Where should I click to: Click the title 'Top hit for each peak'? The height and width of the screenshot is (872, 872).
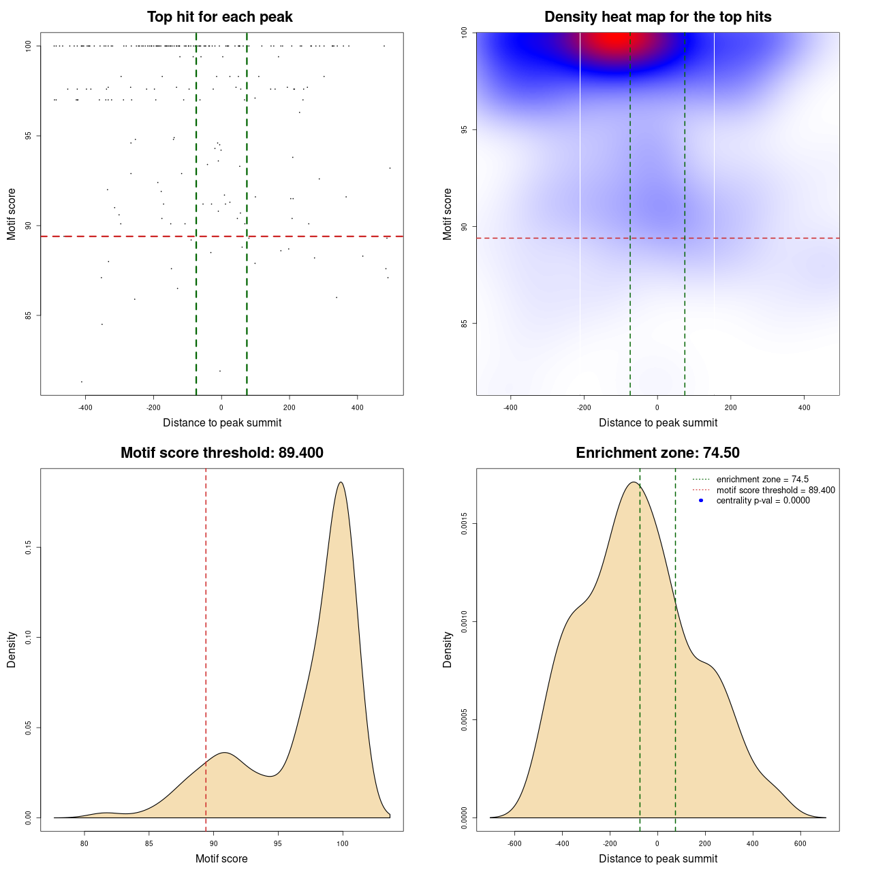(x=219, y=17)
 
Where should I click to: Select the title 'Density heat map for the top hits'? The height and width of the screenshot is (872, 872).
(x=657, y=17)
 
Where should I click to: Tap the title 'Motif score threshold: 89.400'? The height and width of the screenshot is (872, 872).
(x=221, y=453)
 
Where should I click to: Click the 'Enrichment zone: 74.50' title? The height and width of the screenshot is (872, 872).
(x=657, y=453)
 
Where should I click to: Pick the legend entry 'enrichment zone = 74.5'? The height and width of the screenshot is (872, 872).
(x=762, y=480)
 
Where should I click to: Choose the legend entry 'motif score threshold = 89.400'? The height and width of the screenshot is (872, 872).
(x=775, y=490)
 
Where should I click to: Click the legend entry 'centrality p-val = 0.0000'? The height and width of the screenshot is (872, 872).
(x=763, y=500)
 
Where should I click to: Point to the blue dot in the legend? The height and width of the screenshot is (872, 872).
(x=701, y=500)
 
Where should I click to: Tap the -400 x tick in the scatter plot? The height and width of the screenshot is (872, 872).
(x=85, y=407)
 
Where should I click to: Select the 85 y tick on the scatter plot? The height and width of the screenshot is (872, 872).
(x=29, y=315)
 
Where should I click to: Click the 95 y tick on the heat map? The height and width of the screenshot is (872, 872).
(x=465, y=129)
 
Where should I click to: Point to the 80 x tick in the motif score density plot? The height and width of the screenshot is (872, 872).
(x=84, y=843)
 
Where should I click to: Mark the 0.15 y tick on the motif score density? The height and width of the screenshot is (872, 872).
(x=29, y=548)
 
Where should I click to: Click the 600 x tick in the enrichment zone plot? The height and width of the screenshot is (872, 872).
(x=800, y=843)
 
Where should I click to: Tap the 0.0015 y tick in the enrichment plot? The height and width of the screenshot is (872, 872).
(x=465, y=524)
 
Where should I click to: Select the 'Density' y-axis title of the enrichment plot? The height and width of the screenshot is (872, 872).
(x=448, y=649)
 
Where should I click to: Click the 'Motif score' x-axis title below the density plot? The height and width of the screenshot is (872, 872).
(x=221, y=858)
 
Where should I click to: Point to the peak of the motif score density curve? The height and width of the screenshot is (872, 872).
(x=341, y=482)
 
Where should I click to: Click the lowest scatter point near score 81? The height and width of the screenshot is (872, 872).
(x=82, y=381)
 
